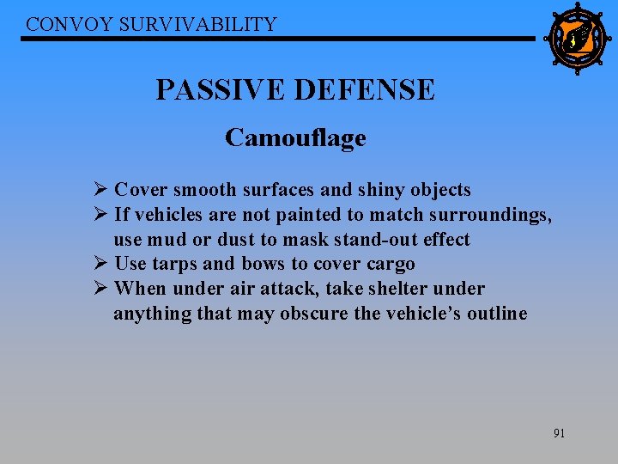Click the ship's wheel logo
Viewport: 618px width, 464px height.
tap(576, 39)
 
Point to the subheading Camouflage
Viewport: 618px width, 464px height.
tap(295, 137)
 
